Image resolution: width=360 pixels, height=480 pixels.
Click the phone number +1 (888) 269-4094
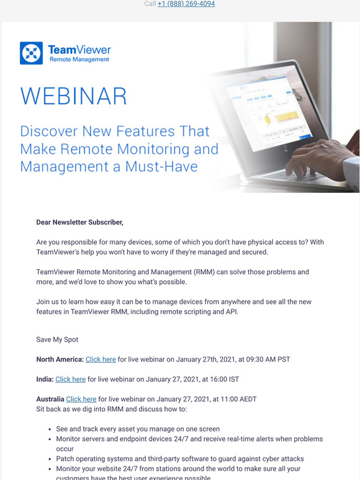click(186, 4)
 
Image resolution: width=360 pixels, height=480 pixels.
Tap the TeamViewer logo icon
click(31, 53)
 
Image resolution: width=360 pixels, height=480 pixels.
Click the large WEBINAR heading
click(73, 97)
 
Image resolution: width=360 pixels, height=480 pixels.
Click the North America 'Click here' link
click(101, 359)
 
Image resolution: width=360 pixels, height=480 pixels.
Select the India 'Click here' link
click(70, 379)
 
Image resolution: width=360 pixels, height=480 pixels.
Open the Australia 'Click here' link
click(81, 399)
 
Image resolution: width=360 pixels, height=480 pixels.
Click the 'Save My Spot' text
click(58, 339)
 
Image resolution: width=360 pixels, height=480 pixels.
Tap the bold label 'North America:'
click(60, 359)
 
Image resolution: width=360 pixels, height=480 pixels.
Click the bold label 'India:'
click(45, 379)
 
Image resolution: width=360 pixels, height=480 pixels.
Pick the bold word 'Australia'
click(50, 399)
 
